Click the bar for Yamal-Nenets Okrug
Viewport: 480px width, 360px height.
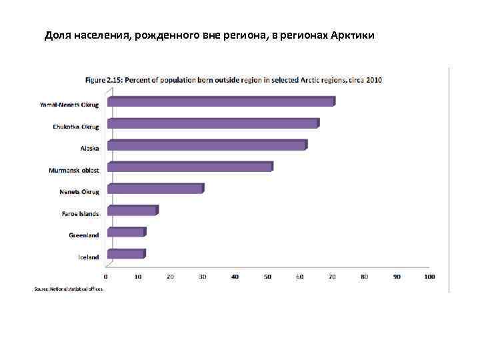(221, 102)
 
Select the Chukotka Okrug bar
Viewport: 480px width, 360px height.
(213, 124)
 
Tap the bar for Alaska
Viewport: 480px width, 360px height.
(207, 145)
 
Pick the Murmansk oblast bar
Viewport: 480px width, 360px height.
(189, 167)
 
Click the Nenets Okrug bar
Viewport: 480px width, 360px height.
(155, 189)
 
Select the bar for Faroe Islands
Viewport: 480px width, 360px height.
(132, 211)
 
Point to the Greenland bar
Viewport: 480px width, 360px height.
(125, 233)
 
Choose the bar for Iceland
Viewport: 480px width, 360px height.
(125, 254)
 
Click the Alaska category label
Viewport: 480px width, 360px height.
(89, 149)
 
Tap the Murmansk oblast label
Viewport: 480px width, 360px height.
(74, 171)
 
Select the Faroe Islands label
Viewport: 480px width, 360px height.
(80, 214)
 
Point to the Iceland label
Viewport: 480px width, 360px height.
(89, 257)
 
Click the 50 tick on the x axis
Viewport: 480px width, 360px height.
(267, 276)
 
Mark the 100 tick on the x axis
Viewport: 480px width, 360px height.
(429, 276)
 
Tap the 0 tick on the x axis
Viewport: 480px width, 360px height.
(105, 276)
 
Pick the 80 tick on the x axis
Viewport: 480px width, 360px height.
(364, 276)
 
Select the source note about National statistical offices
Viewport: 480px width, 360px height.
(69, 289)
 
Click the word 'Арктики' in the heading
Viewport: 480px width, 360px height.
(353, 35)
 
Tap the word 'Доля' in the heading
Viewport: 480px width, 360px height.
(57, 35)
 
